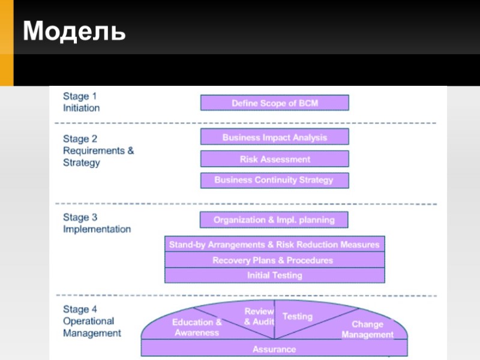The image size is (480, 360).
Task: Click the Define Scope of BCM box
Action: point(274,103)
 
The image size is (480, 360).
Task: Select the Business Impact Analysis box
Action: point(274,137)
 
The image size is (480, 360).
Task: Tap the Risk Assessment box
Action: point(274,159)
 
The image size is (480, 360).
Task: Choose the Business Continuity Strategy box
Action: point(274,180)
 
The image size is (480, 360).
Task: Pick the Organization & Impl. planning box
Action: point(274,220)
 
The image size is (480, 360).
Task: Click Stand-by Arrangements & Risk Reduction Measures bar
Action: point(274,244)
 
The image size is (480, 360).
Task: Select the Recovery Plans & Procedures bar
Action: point(274,260)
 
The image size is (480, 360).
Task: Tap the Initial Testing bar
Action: point(274,275)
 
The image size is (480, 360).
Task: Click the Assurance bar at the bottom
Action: point(274,349)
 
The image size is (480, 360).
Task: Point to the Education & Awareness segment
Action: point(197,327)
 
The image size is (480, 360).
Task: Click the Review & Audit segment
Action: point(259,317)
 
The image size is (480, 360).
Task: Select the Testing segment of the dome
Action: point(298,316)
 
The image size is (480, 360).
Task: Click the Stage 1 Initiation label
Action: point(82,102)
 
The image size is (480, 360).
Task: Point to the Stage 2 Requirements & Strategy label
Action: point(98,151)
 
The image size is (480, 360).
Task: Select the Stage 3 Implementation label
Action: point(97,223)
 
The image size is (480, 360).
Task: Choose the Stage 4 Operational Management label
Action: point(92,321)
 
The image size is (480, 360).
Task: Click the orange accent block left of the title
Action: point(6,42)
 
